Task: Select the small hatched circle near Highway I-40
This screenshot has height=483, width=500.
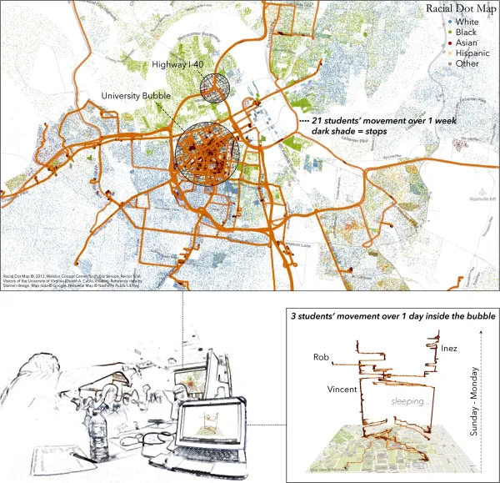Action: pos(215,87)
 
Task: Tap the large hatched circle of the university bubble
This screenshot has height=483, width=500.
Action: pos(206,151)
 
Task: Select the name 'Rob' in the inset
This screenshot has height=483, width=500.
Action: pos(322,357)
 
